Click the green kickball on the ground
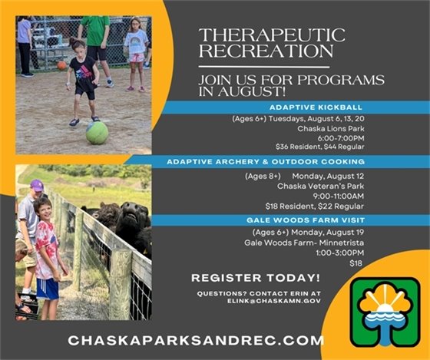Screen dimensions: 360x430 point(97,133)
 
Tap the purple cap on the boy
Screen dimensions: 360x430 point(37,185)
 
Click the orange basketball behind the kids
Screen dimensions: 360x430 point(61,65)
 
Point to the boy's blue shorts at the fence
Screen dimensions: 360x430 point(48,287)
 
